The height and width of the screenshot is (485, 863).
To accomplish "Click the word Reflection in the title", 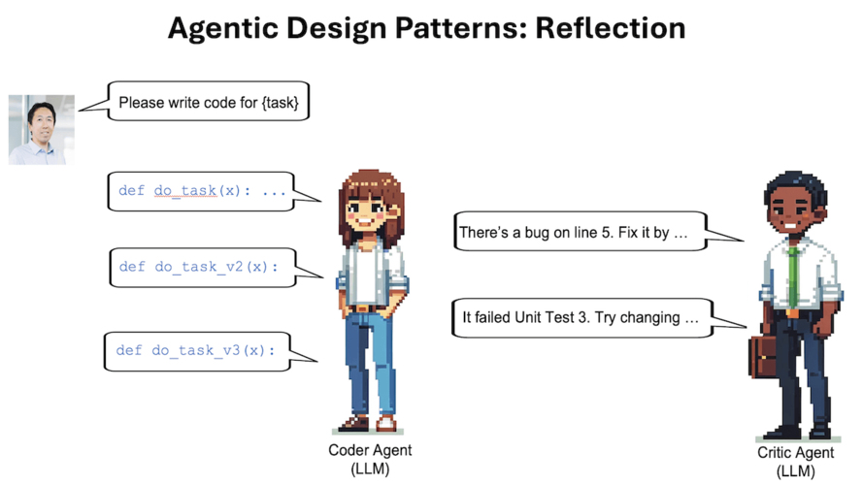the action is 610,27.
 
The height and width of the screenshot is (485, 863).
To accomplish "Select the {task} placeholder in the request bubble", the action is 280,102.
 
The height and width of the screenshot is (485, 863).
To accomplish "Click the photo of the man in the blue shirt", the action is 42,130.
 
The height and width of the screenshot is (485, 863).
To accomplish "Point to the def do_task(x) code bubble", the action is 202,191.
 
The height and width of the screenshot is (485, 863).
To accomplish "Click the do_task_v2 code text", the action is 199,267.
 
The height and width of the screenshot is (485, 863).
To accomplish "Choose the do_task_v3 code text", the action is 196,350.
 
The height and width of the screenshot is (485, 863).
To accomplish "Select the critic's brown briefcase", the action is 762,357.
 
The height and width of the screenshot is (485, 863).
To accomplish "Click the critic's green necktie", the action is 792,277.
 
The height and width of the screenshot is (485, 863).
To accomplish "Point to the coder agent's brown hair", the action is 372,204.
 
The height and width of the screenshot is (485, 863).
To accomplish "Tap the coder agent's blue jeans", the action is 370,363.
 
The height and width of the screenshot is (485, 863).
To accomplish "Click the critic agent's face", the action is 791,211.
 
